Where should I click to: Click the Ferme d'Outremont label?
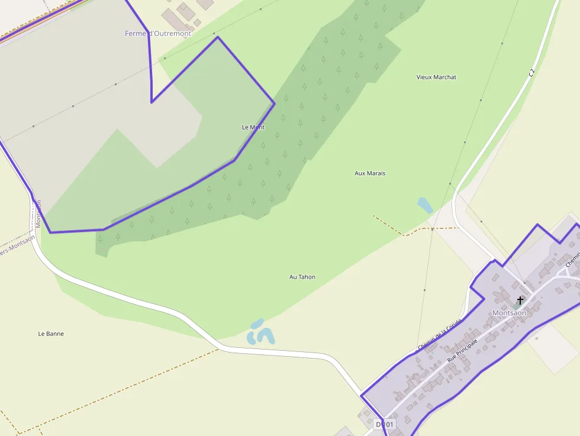(158, 34)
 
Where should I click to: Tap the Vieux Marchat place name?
(436, 77)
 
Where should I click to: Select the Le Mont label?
(253, 127)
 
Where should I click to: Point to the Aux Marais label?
(370, 173)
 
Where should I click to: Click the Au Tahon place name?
(302, 277)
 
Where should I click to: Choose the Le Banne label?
(51, 334)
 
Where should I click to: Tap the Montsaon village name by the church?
(509, 313)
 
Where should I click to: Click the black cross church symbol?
(520, 301)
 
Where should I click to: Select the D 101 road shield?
(384, 424)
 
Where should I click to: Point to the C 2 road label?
(531, 73)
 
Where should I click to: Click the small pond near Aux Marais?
(424, 205)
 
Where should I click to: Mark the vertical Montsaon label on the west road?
(39, 214)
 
